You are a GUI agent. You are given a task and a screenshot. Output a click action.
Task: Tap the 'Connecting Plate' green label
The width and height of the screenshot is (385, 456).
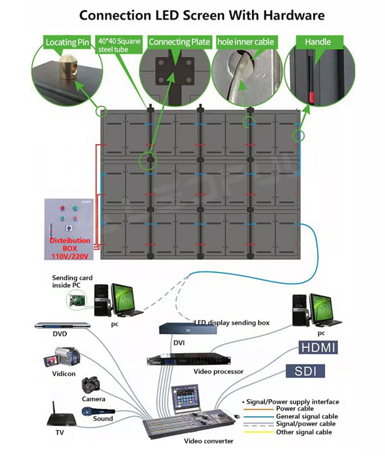coord(179,42)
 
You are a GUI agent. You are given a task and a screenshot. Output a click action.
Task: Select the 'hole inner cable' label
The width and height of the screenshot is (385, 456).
coord(245,42)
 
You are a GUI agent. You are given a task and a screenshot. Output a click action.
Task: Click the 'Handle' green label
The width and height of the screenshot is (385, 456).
coord(318,42)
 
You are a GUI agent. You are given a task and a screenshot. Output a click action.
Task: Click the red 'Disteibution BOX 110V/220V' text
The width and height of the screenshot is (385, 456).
coord(69,248)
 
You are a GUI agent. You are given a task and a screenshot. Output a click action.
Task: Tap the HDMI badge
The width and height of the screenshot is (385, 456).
coord(318,348)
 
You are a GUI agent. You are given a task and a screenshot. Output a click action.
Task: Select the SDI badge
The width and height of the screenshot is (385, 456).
coord(305,371)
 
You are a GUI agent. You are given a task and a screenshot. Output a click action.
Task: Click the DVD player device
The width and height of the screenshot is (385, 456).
coord(62,325)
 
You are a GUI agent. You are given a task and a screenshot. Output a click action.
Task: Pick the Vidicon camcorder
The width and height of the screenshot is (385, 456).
coord(62,357)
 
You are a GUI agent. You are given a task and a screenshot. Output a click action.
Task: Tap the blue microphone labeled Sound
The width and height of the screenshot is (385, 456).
coord(98,412)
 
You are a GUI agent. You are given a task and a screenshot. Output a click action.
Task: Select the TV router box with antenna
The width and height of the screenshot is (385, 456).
coord(62,417)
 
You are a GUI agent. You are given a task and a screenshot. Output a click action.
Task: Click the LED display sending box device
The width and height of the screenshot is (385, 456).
coord(188,328)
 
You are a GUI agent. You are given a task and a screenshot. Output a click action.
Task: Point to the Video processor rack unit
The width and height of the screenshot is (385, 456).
coord(188,360)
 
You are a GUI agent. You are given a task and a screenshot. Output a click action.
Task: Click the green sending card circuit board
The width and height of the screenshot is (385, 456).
coord(77,301)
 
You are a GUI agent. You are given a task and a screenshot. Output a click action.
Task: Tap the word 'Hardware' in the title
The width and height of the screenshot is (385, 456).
coord(294,15)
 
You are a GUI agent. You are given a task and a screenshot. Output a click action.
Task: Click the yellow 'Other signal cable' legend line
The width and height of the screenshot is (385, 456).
coord(259,432)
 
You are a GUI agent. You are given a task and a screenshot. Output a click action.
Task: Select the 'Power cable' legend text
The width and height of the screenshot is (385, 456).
coord(295,409)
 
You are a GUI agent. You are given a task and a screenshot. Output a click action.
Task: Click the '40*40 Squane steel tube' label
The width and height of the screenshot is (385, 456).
coord(119,45)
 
